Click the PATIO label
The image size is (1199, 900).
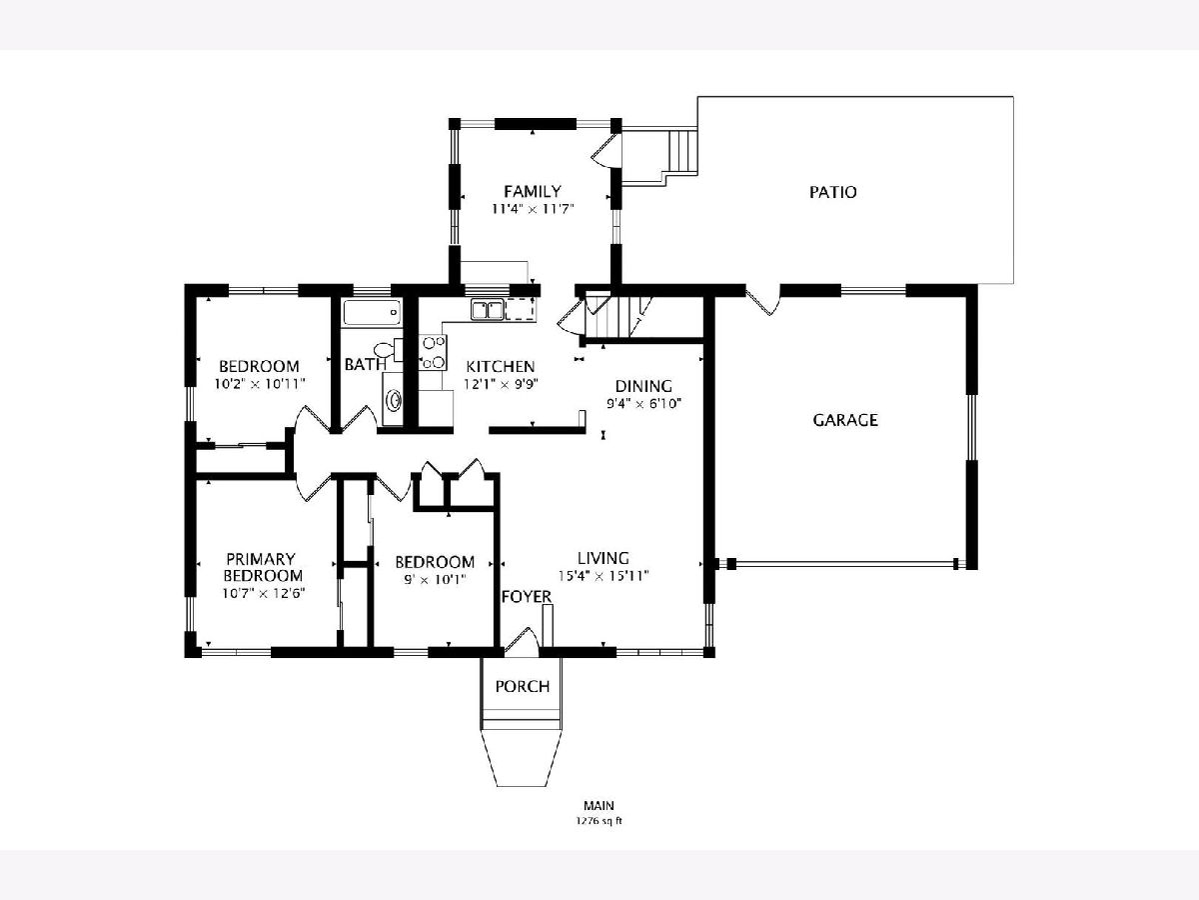832,192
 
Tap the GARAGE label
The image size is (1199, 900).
845,420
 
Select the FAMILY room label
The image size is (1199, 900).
532,191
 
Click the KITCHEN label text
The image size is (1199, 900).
500,366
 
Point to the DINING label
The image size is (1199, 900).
643,386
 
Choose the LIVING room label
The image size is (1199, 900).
603,558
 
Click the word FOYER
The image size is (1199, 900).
527,597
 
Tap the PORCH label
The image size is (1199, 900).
523,686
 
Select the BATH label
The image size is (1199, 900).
365,364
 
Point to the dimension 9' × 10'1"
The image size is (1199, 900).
435,579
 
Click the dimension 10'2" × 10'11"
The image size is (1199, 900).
259,384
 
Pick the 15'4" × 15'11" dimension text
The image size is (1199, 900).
603,575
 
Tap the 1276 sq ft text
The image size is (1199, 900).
599,821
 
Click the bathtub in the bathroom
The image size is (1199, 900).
372,313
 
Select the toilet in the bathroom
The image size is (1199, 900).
388,350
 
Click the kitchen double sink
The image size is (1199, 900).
488,310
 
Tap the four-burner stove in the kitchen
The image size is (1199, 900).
434,352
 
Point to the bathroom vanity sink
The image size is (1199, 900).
394,400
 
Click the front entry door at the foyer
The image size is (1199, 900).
523,641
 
